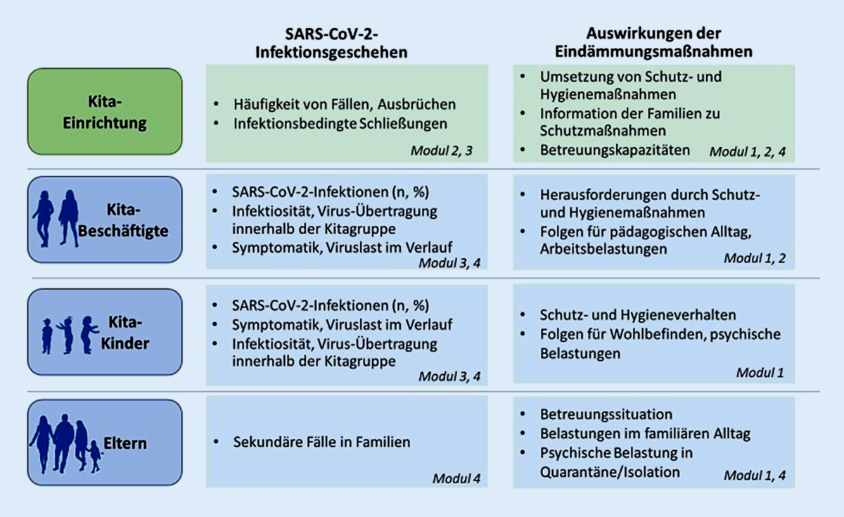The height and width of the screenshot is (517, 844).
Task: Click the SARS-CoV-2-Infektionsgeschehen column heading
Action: click(x=345, y=43)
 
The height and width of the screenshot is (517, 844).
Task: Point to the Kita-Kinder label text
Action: click(x=127, y=333)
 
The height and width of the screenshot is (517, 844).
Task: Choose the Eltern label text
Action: click(x=127, y=443)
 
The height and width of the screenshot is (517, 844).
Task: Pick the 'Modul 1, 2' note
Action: click(x=754, y=258)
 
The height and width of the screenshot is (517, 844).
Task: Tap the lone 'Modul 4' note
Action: click(x=456, y=478)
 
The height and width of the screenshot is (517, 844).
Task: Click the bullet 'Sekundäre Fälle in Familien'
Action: click(x=322, y=442)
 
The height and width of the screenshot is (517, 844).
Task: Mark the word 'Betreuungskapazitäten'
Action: click(x=615, y=150)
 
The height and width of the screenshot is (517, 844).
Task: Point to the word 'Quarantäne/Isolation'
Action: click(x=610, y=471)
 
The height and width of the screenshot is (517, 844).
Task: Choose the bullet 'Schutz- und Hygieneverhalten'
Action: click(x=638, y=315)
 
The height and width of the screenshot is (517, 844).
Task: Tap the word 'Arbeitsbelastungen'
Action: click(x=604, y=248)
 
